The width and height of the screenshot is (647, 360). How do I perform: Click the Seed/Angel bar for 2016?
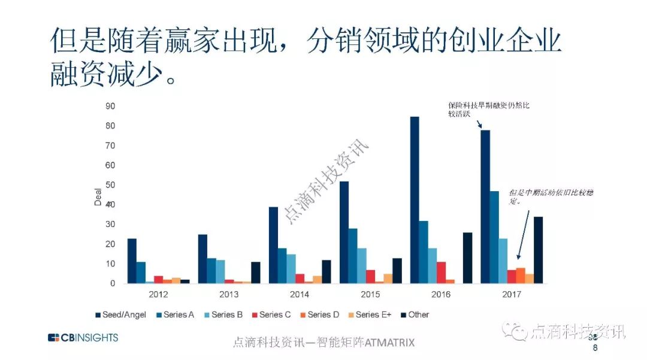pyautogui.click(x=415, y=200)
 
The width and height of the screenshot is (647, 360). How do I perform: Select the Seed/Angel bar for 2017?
pyautogui.click(x=485, y=207)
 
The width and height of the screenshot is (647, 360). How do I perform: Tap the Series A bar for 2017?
pyautogui.click(x=494, y=237)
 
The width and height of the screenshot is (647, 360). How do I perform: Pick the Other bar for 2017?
pyautogui.click(x=538, y=250)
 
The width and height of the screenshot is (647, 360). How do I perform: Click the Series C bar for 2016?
pyautogui.click(x=441, y=273)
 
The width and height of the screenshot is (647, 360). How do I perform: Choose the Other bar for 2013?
pyautogui.click(x=256, y=273)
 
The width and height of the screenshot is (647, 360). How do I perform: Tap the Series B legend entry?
pyautogui.click(x=224, y=314)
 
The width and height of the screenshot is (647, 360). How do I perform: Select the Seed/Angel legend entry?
pyautogui.click(x=120, y=314)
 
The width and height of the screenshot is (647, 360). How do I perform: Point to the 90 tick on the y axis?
pyautogui.click(x=110, y=106)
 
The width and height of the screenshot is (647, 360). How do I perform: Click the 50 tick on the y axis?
pyautogui.click(x=110, y=185)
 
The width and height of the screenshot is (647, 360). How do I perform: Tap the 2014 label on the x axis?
pyautogui.click(x=300, y=294)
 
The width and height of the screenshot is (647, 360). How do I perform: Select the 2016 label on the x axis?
pyautogui.click(x=441, y=294)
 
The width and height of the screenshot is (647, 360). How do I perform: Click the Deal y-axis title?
pyautogui.click(x=98, y=198)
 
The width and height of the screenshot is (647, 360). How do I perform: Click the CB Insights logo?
pyautogui.click(x=83, y=338)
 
